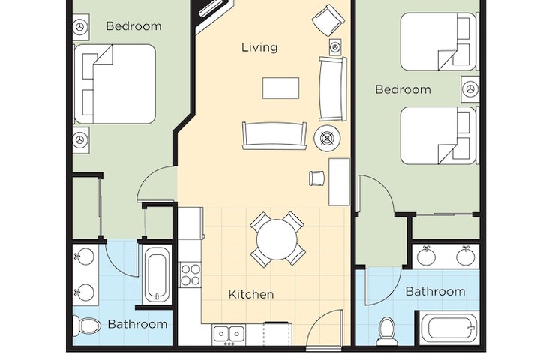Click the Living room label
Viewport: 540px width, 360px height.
coord(259,47)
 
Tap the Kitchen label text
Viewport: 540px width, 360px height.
coord(251,294)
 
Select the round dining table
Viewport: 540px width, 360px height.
coord(277,239)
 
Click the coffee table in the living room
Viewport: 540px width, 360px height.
coord(280,88)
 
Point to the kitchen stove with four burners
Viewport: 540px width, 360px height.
coord(190,274)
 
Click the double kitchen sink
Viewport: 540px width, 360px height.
coord(229,333)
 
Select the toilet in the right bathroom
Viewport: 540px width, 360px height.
coord(387,331)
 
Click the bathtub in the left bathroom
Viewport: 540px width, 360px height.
coord(157,275)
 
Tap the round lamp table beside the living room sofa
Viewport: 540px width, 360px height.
coord(327,138)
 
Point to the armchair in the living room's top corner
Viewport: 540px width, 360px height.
coord(328,19)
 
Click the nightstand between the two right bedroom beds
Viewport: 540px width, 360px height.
coord(470,88)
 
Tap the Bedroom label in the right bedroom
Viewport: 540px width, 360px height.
coord(403,89)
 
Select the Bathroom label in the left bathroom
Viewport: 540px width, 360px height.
coord(137,324)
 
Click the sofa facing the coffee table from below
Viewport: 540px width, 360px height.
coord(274,136)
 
